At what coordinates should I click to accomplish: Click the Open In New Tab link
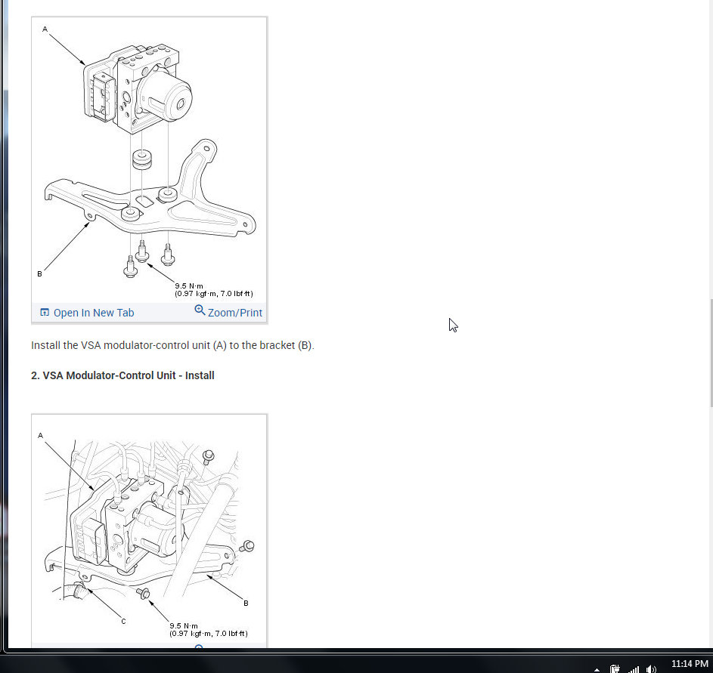(x=94, y=313)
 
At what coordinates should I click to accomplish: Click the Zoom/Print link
(x=234, y=313)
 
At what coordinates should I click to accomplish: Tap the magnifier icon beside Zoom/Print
(x=200, y=310)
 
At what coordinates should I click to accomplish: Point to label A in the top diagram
(x=45, y=29)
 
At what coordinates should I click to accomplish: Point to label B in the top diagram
(x=39, y=274)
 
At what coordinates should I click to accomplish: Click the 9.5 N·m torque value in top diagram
(x=189, y=286)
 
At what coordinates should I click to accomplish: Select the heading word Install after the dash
(x=200, y=375)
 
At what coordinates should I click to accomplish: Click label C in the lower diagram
(x=123, y=621)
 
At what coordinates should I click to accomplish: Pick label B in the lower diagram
(x=246, y=603)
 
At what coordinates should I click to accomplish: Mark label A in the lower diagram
(x=41, y=436)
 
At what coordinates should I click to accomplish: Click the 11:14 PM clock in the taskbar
(x=690, y=664)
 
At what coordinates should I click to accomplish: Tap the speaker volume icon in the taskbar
(x=651, y=668)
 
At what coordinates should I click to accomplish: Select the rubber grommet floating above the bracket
(x=142, y=159)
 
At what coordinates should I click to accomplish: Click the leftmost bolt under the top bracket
(x=131, y=267)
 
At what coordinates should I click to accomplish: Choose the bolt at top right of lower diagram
(x=208, y=456)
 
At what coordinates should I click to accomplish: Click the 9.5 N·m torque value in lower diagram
(x=183, y=625)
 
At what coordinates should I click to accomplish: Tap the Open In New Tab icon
(x=45, y=313)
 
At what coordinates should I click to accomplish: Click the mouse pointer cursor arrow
(x=453, y=325)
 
